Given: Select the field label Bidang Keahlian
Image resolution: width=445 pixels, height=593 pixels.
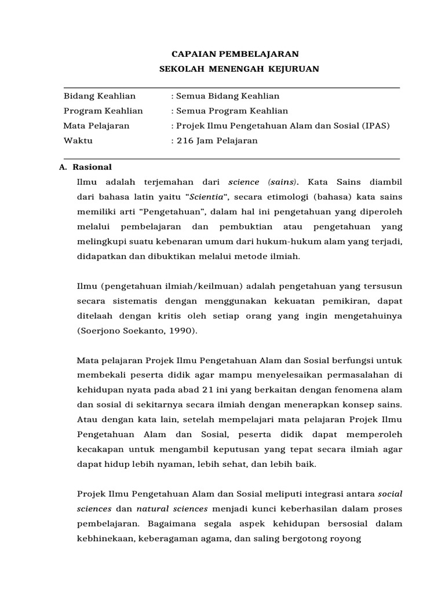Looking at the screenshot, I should pos(100,96).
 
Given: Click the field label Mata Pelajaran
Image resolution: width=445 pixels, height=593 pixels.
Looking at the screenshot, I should pos(96,126).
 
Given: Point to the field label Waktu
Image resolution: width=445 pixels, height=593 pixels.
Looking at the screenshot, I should pos(78,141).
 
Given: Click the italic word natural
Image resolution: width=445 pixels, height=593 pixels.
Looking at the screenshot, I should pos(155,508).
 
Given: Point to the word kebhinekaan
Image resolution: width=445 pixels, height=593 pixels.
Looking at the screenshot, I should pos(104,539).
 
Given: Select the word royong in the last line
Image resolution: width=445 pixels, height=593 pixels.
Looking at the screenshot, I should pos(346,539).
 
